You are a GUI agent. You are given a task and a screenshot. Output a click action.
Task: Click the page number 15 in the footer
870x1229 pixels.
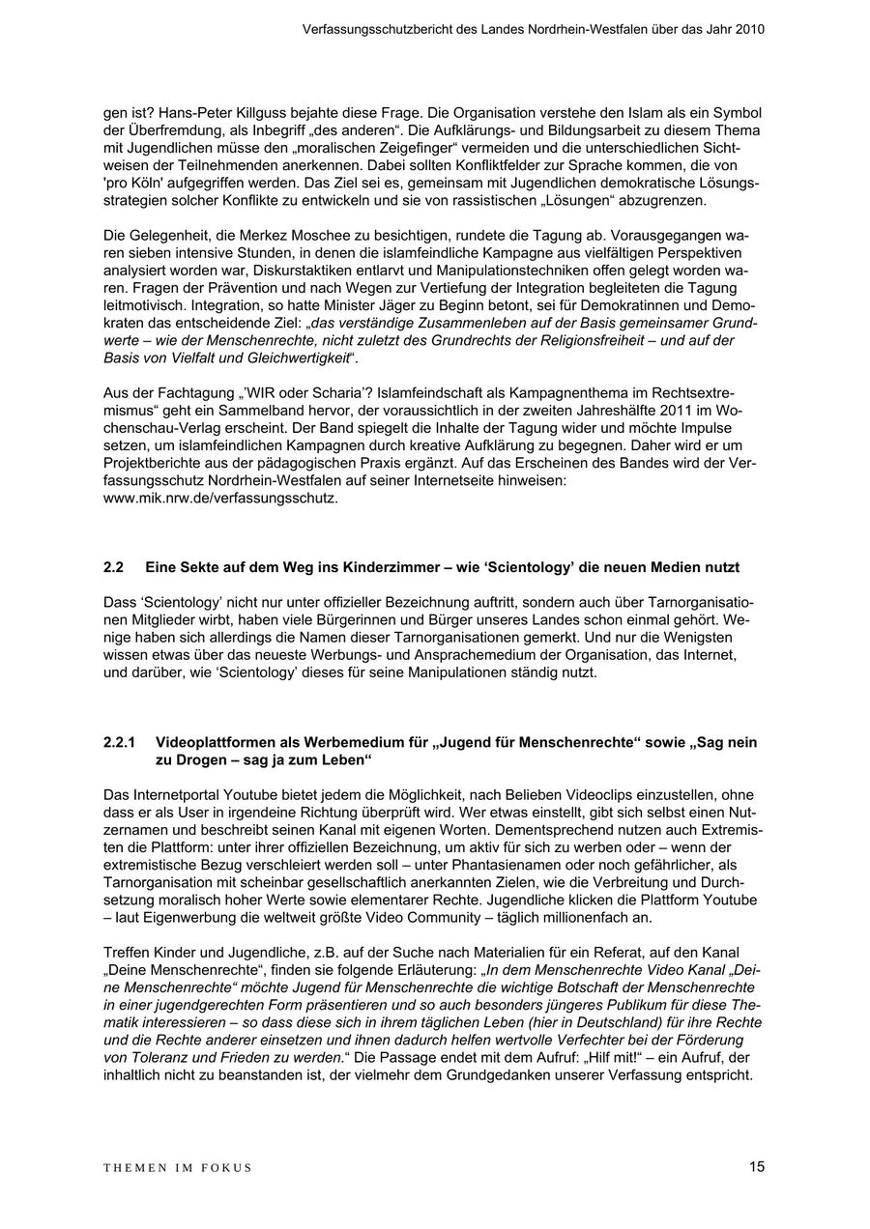point(756,1167)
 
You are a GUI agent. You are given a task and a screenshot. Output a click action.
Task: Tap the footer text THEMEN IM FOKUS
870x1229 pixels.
point(178,1168)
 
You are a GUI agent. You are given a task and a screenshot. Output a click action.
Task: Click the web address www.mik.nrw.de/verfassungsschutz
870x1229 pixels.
point(220,499)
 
